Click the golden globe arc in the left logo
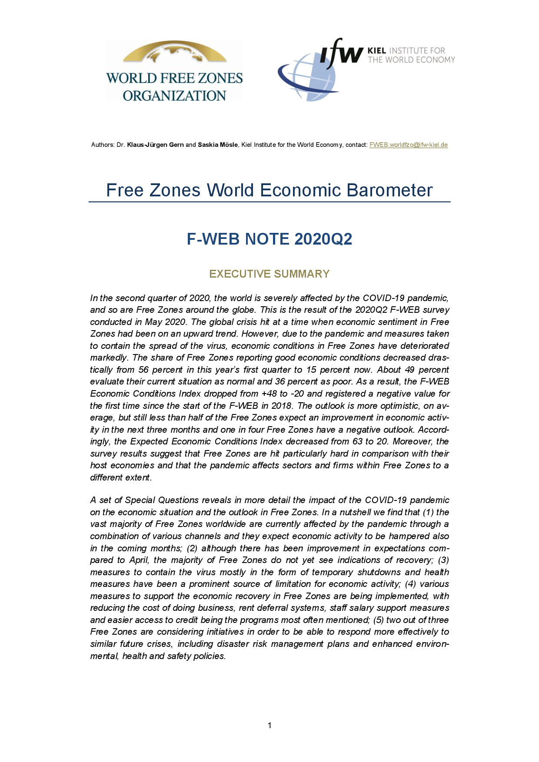click(175, 51)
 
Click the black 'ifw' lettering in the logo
click(342, 53)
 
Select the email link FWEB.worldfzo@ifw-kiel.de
click(408, 145)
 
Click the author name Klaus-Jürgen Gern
click(155, 145)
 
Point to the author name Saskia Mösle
click(218, 145)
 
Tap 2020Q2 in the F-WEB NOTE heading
click(323, 239)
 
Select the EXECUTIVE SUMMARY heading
click(269, 274)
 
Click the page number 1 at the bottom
click(269, 725)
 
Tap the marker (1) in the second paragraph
click(428, 512)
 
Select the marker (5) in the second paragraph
click(378, 620)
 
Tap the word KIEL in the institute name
click(376, 51)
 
